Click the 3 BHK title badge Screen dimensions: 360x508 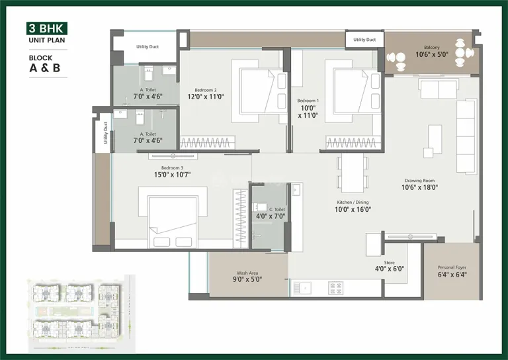pos(46,28)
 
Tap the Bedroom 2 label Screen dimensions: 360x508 pos(205,90)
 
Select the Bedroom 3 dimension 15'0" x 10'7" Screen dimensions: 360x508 pos(171,175)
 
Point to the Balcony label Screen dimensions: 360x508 pos(431,47)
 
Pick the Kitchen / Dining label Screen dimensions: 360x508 pos(353,202)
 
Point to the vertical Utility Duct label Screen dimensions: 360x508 pos(105,132)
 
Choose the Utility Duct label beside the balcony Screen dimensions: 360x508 pos(364,40)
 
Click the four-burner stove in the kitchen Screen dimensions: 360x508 pos(335,288)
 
